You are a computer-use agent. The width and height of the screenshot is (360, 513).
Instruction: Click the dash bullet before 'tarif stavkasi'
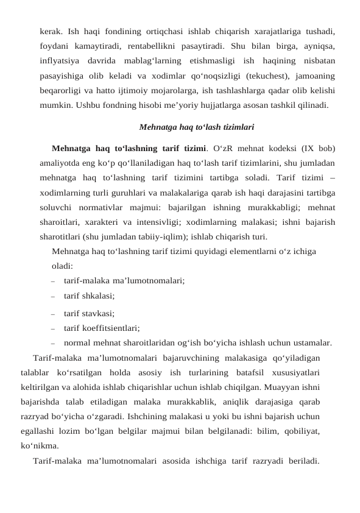(54, 315)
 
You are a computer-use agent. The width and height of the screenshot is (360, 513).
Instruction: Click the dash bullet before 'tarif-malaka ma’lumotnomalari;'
(54, 281)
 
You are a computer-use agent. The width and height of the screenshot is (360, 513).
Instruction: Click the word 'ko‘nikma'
(39, 445)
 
